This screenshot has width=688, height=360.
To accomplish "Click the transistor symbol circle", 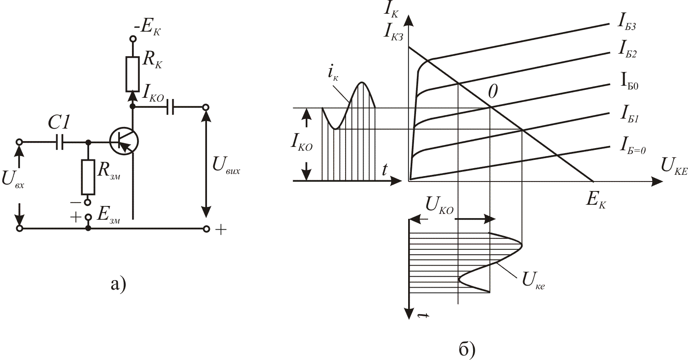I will tap(124, 142).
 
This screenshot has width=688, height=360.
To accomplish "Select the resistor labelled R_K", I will tap(132, 74).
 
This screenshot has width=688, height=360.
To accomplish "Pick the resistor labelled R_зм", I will tap(88, 177).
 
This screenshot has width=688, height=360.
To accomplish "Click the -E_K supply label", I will tap(147, 28).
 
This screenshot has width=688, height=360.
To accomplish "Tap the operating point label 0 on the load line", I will tap(493, 92).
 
